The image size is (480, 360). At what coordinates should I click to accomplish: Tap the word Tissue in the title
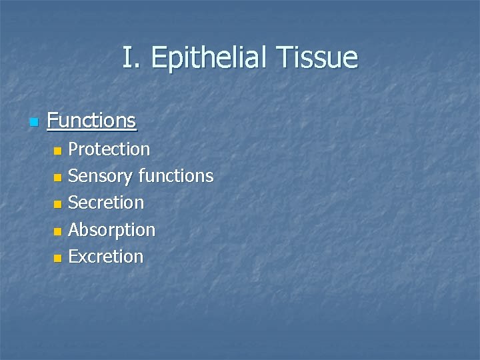pos(321,58)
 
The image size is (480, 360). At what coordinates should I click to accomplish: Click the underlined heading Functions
pos(92,121)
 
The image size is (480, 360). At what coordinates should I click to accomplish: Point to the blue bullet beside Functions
pos(33,122)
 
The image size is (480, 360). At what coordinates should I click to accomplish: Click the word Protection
pos(109,149)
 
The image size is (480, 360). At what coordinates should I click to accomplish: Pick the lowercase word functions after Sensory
pos(176,176)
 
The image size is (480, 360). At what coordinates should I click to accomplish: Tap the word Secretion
pos(106,203)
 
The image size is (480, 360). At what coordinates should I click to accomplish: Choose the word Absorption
pos(111,230)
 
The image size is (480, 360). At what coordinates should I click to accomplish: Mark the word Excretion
pos(106,257)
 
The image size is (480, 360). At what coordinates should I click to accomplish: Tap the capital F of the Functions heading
pos(53,121)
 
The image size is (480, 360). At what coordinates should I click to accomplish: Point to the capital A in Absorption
pos(74,230)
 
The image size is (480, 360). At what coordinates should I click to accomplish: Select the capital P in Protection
pos(73,149)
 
